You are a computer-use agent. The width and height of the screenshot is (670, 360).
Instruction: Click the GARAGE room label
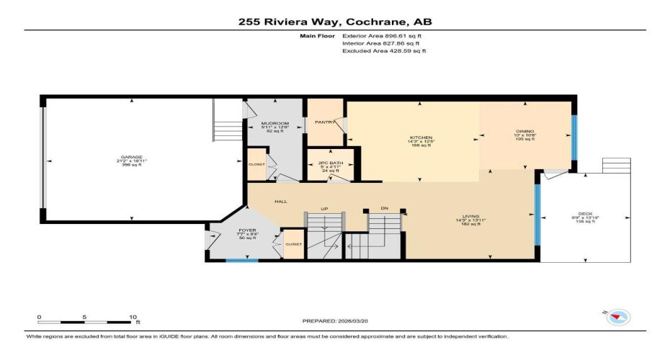[132, 157]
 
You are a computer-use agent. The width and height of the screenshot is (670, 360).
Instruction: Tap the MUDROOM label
[274, 123]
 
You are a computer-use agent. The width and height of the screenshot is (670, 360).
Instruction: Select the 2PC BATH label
[329, 163]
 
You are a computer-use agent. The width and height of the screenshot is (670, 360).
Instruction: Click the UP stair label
[324, 209]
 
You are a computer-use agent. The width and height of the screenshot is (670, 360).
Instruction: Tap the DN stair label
[385, 209]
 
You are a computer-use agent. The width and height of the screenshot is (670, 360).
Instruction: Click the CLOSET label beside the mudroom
[256, 164]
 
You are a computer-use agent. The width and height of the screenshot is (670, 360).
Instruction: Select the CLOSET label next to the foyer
[293, 244]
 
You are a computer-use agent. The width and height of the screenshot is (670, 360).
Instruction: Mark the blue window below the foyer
[241, 260]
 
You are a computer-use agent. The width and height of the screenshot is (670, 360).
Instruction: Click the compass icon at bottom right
[618, 316]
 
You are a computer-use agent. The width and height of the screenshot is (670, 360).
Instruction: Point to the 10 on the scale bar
[133, 317]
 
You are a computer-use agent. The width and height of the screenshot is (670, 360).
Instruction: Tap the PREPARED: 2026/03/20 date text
[336, 320]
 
